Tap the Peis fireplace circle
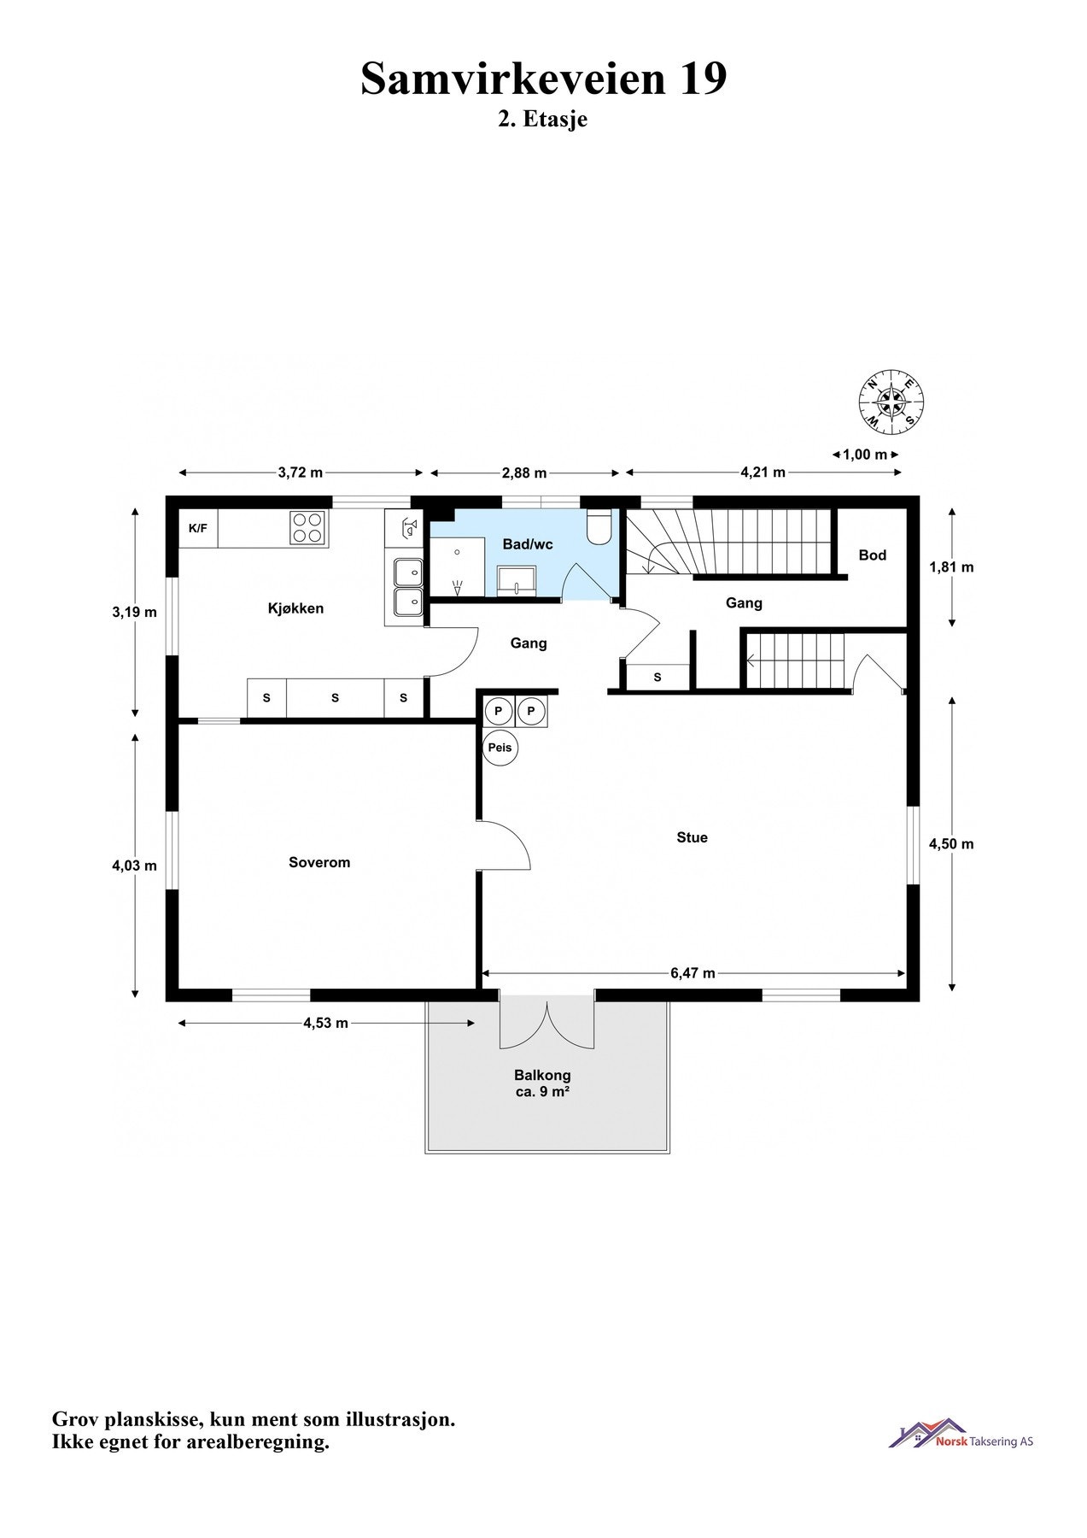tap(500, 748)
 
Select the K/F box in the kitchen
tap(197, 529)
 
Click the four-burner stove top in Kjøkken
tap(308, 528)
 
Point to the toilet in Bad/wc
tap(599, 527)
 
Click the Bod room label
tap(872, 555)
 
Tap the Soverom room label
tap(319, 862)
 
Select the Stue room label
tap(692, 837)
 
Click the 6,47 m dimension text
tap(693, 972)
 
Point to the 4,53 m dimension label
tap(325, 1023)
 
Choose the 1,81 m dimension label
tap(950, 566)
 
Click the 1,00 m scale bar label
tap(865, 455)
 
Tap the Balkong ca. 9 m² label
tap(542, 1083)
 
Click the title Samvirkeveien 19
tap(543, 79)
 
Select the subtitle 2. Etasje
tap(543, 119)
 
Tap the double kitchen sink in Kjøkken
tap(408, 586)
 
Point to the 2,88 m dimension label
tap(524, 473)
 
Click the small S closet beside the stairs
tap(657, 677)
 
